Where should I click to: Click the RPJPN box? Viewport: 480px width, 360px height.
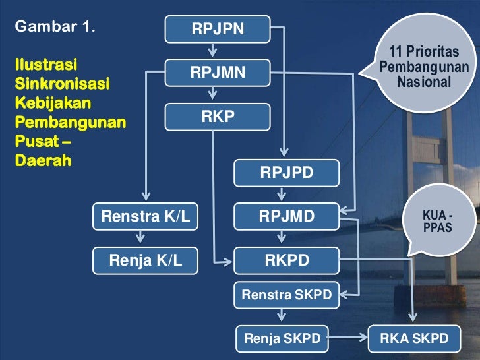tap(218, 29)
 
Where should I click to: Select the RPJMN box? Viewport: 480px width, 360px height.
tap(218, 73)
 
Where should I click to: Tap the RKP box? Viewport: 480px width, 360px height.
tap(218, 117)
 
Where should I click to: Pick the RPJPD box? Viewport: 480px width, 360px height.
tap(286, 173)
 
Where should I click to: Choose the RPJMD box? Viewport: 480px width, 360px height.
tap(286, 215)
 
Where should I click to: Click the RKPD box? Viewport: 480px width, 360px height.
tap(286, 260)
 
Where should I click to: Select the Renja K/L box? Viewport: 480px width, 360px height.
tap(146, 260)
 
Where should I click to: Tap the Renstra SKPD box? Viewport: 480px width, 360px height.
tap(286, 295)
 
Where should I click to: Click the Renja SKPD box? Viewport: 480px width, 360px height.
tap(282, 339)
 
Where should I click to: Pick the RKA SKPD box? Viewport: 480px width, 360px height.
tap(414, 339)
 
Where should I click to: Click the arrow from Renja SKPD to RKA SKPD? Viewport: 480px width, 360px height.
tap(348, 339)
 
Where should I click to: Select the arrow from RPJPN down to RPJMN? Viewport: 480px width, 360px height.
tap(212, 50)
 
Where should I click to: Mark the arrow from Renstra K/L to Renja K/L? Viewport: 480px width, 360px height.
tap(140, 238)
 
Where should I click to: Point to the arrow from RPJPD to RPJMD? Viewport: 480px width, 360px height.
tap(282, 194)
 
